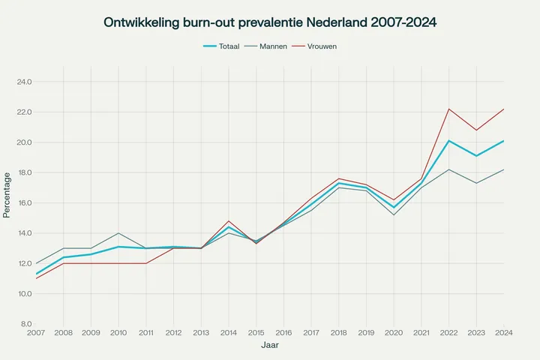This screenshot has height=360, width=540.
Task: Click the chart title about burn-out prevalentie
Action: coord(270,23)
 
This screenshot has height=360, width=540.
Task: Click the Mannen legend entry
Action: coord(272,46)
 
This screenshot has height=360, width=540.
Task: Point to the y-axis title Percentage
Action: coord(7,194)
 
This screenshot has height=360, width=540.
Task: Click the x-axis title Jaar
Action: coord(270,346)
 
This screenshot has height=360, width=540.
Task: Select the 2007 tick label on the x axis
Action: coord(35,332)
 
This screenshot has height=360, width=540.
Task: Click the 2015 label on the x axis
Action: coord(256,332)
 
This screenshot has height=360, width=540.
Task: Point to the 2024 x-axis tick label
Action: coord(504,332)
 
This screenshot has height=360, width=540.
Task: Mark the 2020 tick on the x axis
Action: coord(394,332)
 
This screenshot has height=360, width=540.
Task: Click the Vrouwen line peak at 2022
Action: coord(448,109)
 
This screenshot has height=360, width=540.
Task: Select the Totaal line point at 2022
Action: coord(448,140)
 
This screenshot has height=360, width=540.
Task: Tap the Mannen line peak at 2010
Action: coord(118,233)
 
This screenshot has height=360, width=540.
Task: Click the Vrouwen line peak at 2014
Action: coord(228,221)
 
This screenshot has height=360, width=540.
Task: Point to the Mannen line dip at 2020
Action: coord(394,215)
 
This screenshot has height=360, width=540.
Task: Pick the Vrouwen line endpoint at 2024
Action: coord(504,109)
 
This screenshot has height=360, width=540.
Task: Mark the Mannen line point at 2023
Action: coord(476,183)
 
